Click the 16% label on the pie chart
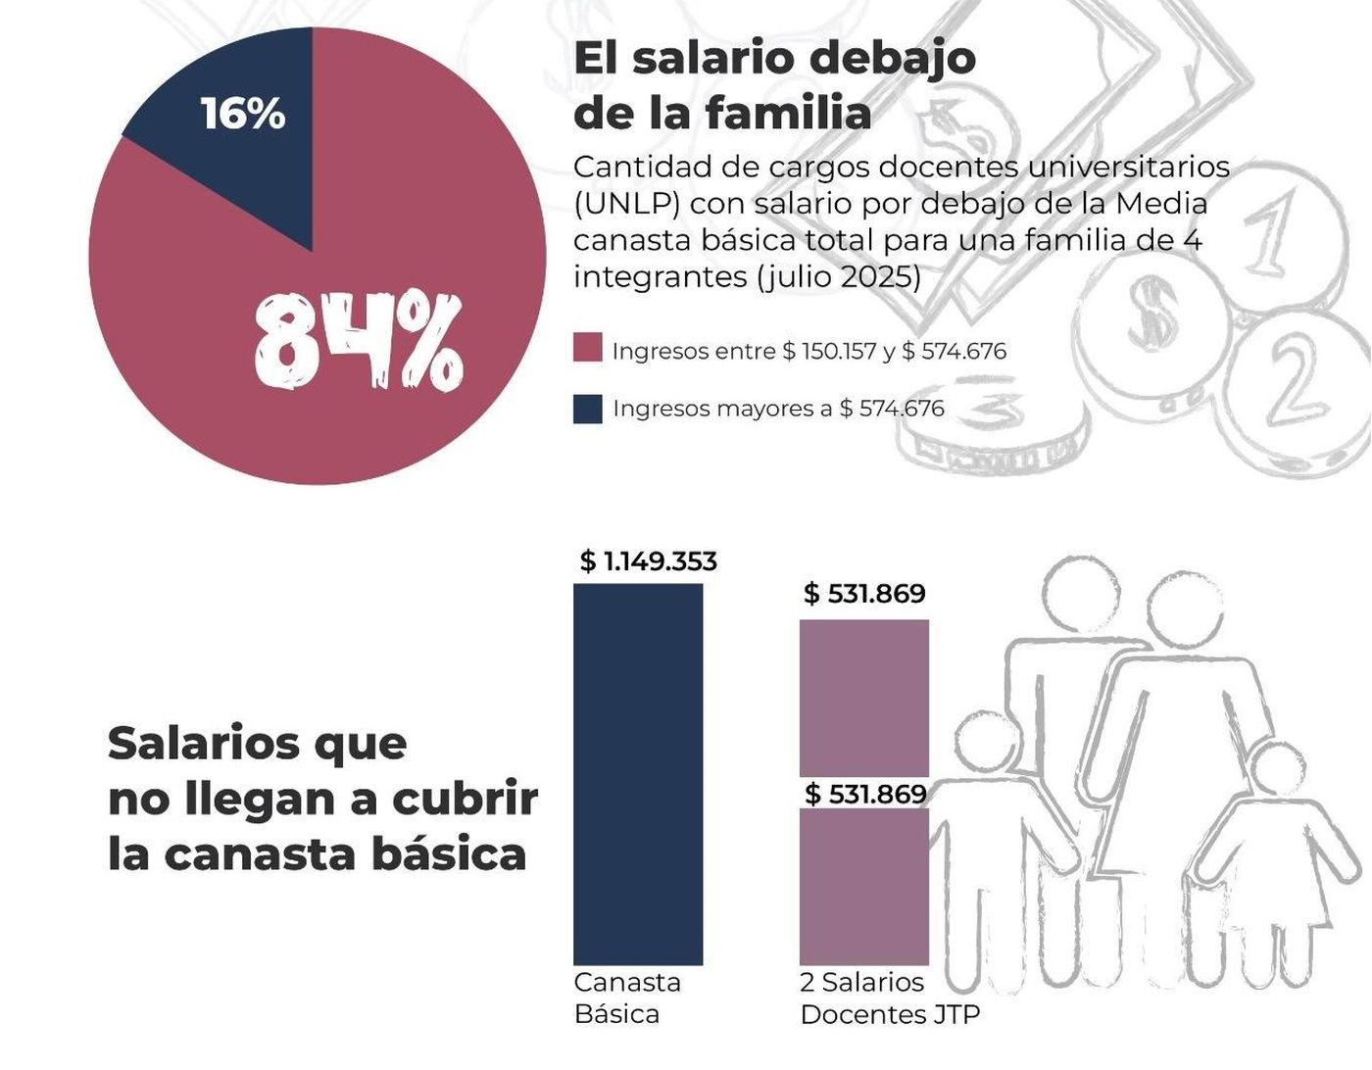tap(243, 114)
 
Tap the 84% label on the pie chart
tap(357, 341)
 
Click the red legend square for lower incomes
tap(587, 349)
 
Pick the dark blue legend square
tap(587, 408)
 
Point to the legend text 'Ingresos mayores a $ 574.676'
tap(778, 408)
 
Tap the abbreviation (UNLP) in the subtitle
tap(626, 204)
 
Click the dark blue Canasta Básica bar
tap(638, 774)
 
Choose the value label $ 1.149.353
tap(649, 561)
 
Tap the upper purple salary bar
tap(864, 698)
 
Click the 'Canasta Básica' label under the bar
tap(627, 997)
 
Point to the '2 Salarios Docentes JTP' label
tap(889, 997)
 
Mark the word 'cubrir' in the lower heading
tap(465, 799)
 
